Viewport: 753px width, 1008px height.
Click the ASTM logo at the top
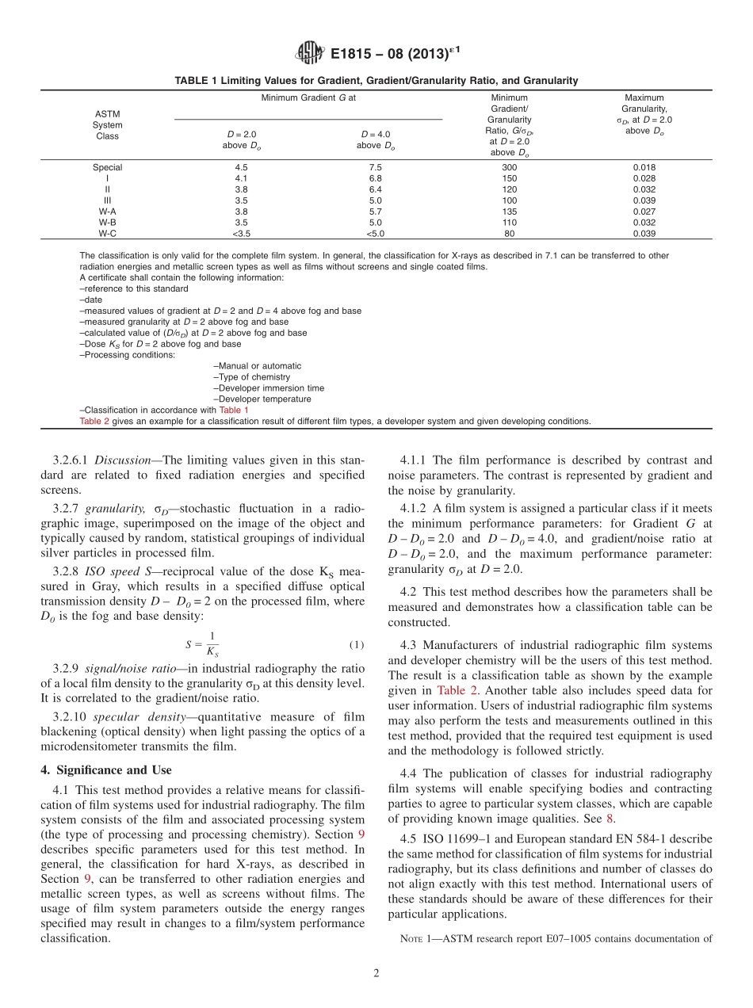tap(309, 54)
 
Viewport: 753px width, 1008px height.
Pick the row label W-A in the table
tap(107, 212)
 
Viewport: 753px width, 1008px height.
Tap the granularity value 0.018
tap(644, 167)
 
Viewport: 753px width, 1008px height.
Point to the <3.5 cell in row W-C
tap(242, 234)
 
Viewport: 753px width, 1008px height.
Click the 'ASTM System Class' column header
tap(107, 124)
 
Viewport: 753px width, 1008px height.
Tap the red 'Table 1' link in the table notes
tap(233, 410)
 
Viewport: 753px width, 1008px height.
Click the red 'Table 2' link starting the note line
tap(94, 422)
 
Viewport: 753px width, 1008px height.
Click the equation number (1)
tap(356, 644)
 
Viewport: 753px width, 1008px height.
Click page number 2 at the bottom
tap(376, 973)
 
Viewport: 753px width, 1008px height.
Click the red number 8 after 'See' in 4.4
tap(610, 819)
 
